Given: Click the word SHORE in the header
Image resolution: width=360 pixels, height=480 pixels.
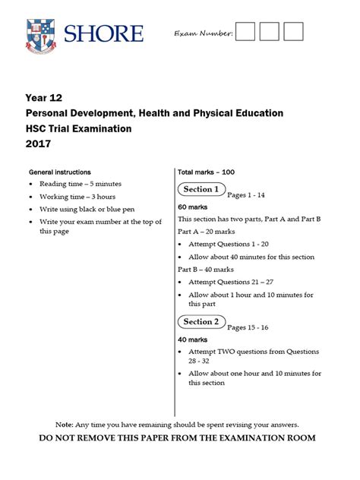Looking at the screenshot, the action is pyautogui.click(x=103, y=33).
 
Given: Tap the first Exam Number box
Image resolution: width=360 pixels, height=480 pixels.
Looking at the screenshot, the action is pyautogui.click(x=245, y=32).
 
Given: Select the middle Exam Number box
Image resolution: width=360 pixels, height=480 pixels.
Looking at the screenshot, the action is pyautogui.click(x=270, y=32).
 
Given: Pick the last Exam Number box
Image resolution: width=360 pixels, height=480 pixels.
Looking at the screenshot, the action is pyautogui.click(x=293, y=32).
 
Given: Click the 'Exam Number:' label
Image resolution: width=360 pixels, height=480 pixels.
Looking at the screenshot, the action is pyautogui.click(x=203, y=34).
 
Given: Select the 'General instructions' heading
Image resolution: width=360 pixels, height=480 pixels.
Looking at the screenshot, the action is pyautogui.click(x=59, y=172).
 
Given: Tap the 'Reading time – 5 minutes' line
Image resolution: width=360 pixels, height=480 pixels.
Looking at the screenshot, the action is pyautogui.click(x=81, y=184).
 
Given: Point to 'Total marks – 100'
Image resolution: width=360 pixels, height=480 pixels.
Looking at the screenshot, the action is pyautogui.click(x=206, y=172).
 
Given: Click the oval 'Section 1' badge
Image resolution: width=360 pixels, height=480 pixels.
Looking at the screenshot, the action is pyautogui.click(x=201, y=189).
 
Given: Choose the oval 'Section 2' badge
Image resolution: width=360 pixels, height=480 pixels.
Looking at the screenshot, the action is pyautogui.click(x=201, y=322).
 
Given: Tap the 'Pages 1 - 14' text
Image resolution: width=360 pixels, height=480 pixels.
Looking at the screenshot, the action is pyautogui.click(x=246, y=195).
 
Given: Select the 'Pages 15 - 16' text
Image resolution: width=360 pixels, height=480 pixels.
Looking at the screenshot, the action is pyautogui.click(x=248, y=327).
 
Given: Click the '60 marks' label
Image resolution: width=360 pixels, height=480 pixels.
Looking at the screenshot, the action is pyautogui.click(x=193, y=207).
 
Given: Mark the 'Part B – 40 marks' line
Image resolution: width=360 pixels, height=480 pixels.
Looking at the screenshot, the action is pyautogui.click(x=207, y=270).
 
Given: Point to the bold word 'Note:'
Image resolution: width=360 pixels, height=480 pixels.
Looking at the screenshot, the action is pyautogui.click(x=65, y=424).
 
